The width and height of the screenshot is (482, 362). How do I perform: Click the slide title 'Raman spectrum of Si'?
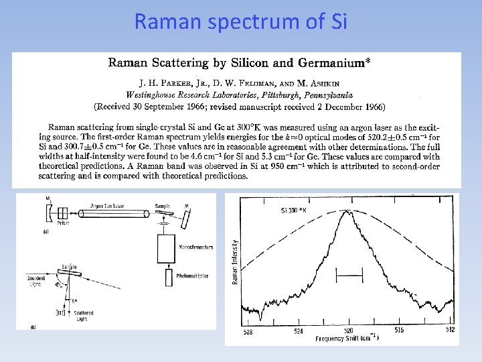click(x=241, y=21)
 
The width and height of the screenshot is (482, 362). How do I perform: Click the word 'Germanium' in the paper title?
click(x=329, y=64)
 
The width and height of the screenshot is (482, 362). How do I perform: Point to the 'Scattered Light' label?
click(x=84, y=316)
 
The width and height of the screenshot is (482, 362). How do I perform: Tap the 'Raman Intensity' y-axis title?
click(x=234, y=261)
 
